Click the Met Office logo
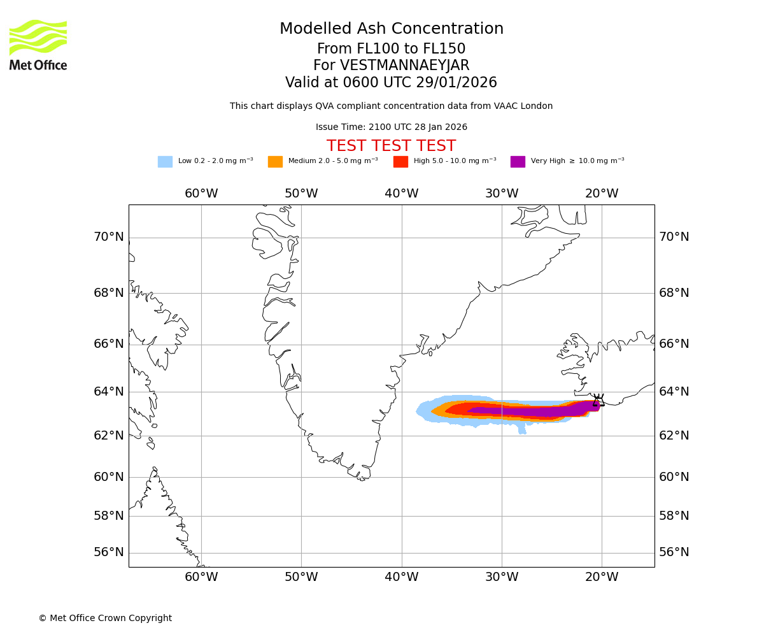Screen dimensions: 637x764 coord(38,45)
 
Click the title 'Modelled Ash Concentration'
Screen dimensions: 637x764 coord(391,29)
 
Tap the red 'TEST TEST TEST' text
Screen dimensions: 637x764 coord(391,146)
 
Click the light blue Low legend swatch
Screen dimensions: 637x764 coord(165,162)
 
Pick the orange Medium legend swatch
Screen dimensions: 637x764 coord(275,162)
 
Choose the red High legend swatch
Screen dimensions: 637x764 coord(400,162)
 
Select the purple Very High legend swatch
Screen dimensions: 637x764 coord(518,162)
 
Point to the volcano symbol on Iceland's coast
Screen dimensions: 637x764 coord(598,400)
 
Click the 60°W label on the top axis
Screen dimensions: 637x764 coord(201,194)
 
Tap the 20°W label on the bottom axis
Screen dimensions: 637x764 coord(602,577)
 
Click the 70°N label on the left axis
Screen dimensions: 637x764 coord(109,237)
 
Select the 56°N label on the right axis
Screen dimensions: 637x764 coord(674,552)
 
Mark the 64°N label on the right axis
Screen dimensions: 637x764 coord(674,391)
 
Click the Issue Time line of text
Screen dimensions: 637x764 coord(391,127)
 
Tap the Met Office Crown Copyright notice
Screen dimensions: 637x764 coord(105,618)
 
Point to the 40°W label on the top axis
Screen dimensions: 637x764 coord(401,194)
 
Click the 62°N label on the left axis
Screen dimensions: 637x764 coord(109,436)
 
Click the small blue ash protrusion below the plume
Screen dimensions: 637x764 coord(522,429)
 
